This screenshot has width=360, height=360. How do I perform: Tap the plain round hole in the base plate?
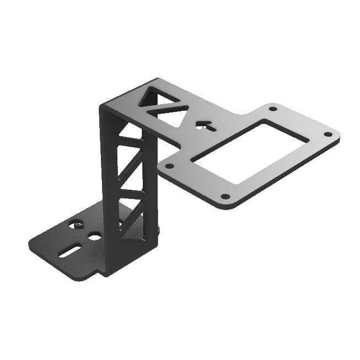click(x=94, y=237)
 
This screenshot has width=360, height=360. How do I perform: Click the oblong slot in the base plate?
click(x=70, y=251)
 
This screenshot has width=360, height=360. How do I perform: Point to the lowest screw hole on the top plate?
click(x=225, y=196)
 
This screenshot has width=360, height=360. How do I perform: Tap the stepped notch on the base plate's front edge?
click(x=100, y=271)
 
